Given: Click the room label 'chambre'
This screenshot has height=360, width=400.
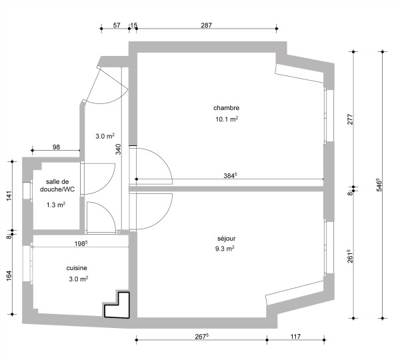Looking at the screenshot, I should [226, 108].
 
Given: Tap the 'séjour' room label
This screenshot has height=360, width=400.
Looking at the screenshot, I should [226, 238].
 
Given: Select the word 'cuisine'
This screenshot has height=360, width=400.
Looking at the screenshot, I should [77, 268].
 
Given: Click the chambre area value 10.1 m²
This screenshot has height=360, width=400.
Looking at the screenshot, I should [226, 120].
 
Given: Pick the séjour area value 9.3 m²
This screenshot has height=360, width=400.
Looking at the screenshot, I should [225, 249].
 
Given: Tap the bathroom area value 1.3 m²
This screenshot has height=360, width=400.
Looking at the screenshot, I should [56, 205].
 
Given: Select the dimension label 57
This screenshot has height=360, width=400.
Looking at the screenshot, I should [117, 25].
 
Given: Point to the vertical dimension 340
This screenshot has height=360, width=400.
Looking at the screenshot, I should [119, 149].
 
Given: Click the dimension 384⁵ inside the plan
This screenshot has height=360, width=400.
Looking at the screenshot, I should [230, 176].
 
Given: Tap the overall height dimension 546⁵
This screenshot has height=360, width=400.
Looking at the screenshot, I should [379, 185].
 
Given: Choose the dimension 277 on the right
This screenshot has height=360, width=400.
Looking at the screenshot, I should [350, 119].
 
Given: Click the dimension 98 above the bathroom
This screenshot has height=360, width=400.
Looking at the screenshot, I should [56, 147].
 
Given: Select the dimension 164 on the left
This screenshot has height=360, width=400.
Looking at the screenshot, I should [8, 275].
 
